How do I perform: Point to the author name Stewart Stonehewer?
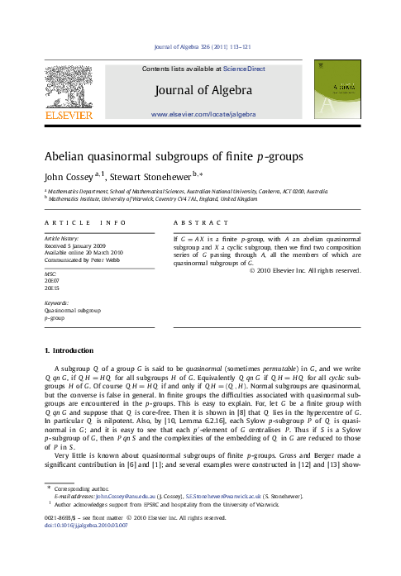[x=124, y=175]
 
